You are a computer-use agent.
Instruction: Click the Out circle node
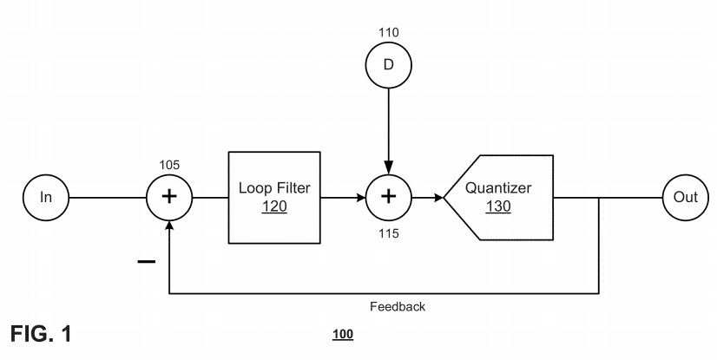coord(685,197)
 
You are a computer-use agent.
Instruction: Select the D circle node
coord(388,65)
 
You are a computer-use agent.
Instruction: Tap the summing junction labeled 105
coord(170,197)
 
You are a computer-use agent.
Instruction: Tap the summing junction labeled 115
coord(388,197)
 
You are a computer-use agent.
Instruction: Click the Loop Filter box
coord(273,197)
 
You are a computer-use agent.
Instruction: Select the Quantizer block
coord(499,197)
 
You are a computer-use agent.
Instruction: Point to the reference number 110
coord(388,32)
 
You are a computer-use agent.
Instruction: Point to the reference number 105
coord(169,162)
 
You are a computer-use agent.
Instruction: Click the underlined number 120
coord(273,208)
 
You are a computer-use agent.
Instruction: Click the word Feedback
coord(397,306)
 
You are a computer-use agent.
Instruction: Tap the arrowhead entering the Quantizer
coord(437,197)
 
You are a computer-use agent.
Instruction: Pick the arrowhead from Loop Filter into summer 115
coord(358,197)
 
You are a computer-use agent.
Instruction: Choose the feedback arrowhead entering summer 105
coord(170,226)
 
